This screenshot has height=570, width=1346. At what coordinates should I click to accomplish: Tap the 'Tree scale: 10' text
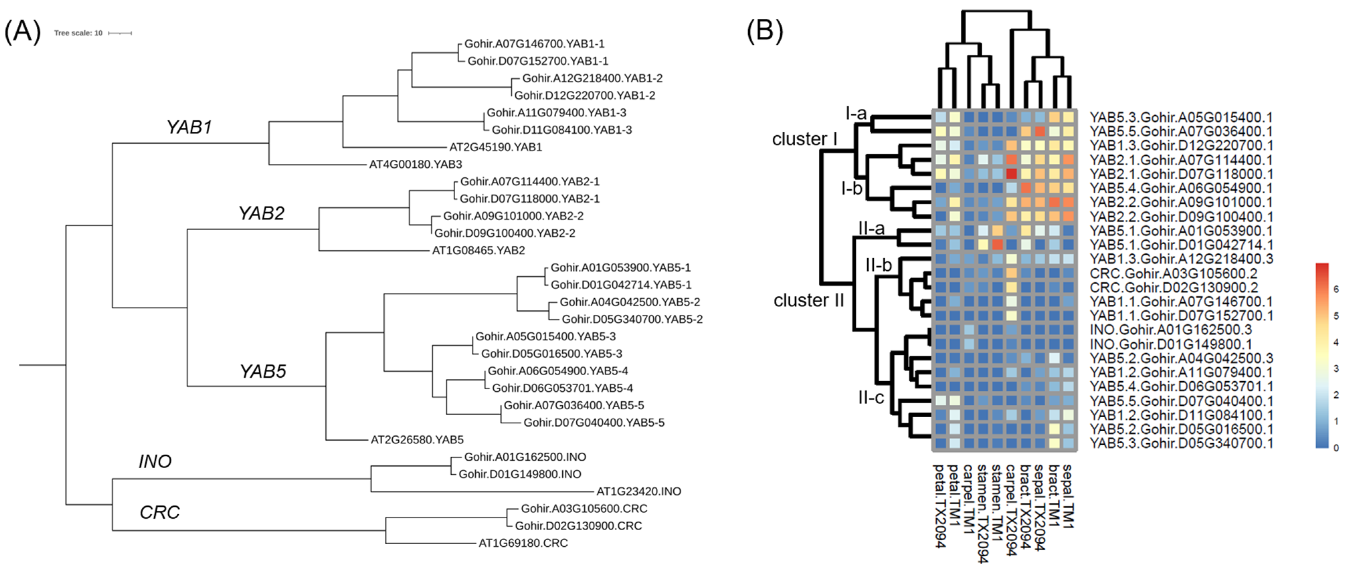(78, 33)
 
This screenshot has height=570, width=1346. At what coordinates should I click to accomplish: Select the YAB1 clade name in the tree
(189, 127)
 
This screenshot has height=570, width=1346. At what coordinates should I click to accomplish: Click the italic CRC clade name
(159, 513)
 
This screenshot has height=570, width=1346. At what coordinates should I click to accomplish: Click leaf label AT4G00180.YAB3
(415, 164)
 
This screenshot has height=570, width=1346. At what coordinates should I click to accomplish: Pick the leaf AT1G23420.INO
(639, 491)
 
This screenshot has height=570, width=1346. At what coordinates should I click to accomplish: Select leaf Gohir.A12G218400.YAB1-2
(592, 78)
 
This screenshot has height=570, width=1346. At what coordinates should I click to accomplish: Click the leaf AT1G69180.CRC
(523, 543)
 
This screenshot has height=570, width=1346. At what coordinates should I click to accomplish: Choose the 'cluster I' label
(805, 139)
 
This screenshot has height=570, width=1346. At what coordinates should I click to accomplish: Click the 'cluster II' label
(808, 301)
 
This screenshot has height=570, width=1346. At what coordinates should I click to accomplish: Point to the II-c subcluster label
(871, 398)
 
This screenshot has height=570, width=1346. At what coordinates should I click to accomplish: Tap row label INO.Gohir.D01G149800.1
(1170, 344)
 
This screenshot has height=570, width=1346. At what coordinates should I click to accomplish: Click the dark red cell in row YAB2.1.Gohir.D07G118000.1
(1011, 174)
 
